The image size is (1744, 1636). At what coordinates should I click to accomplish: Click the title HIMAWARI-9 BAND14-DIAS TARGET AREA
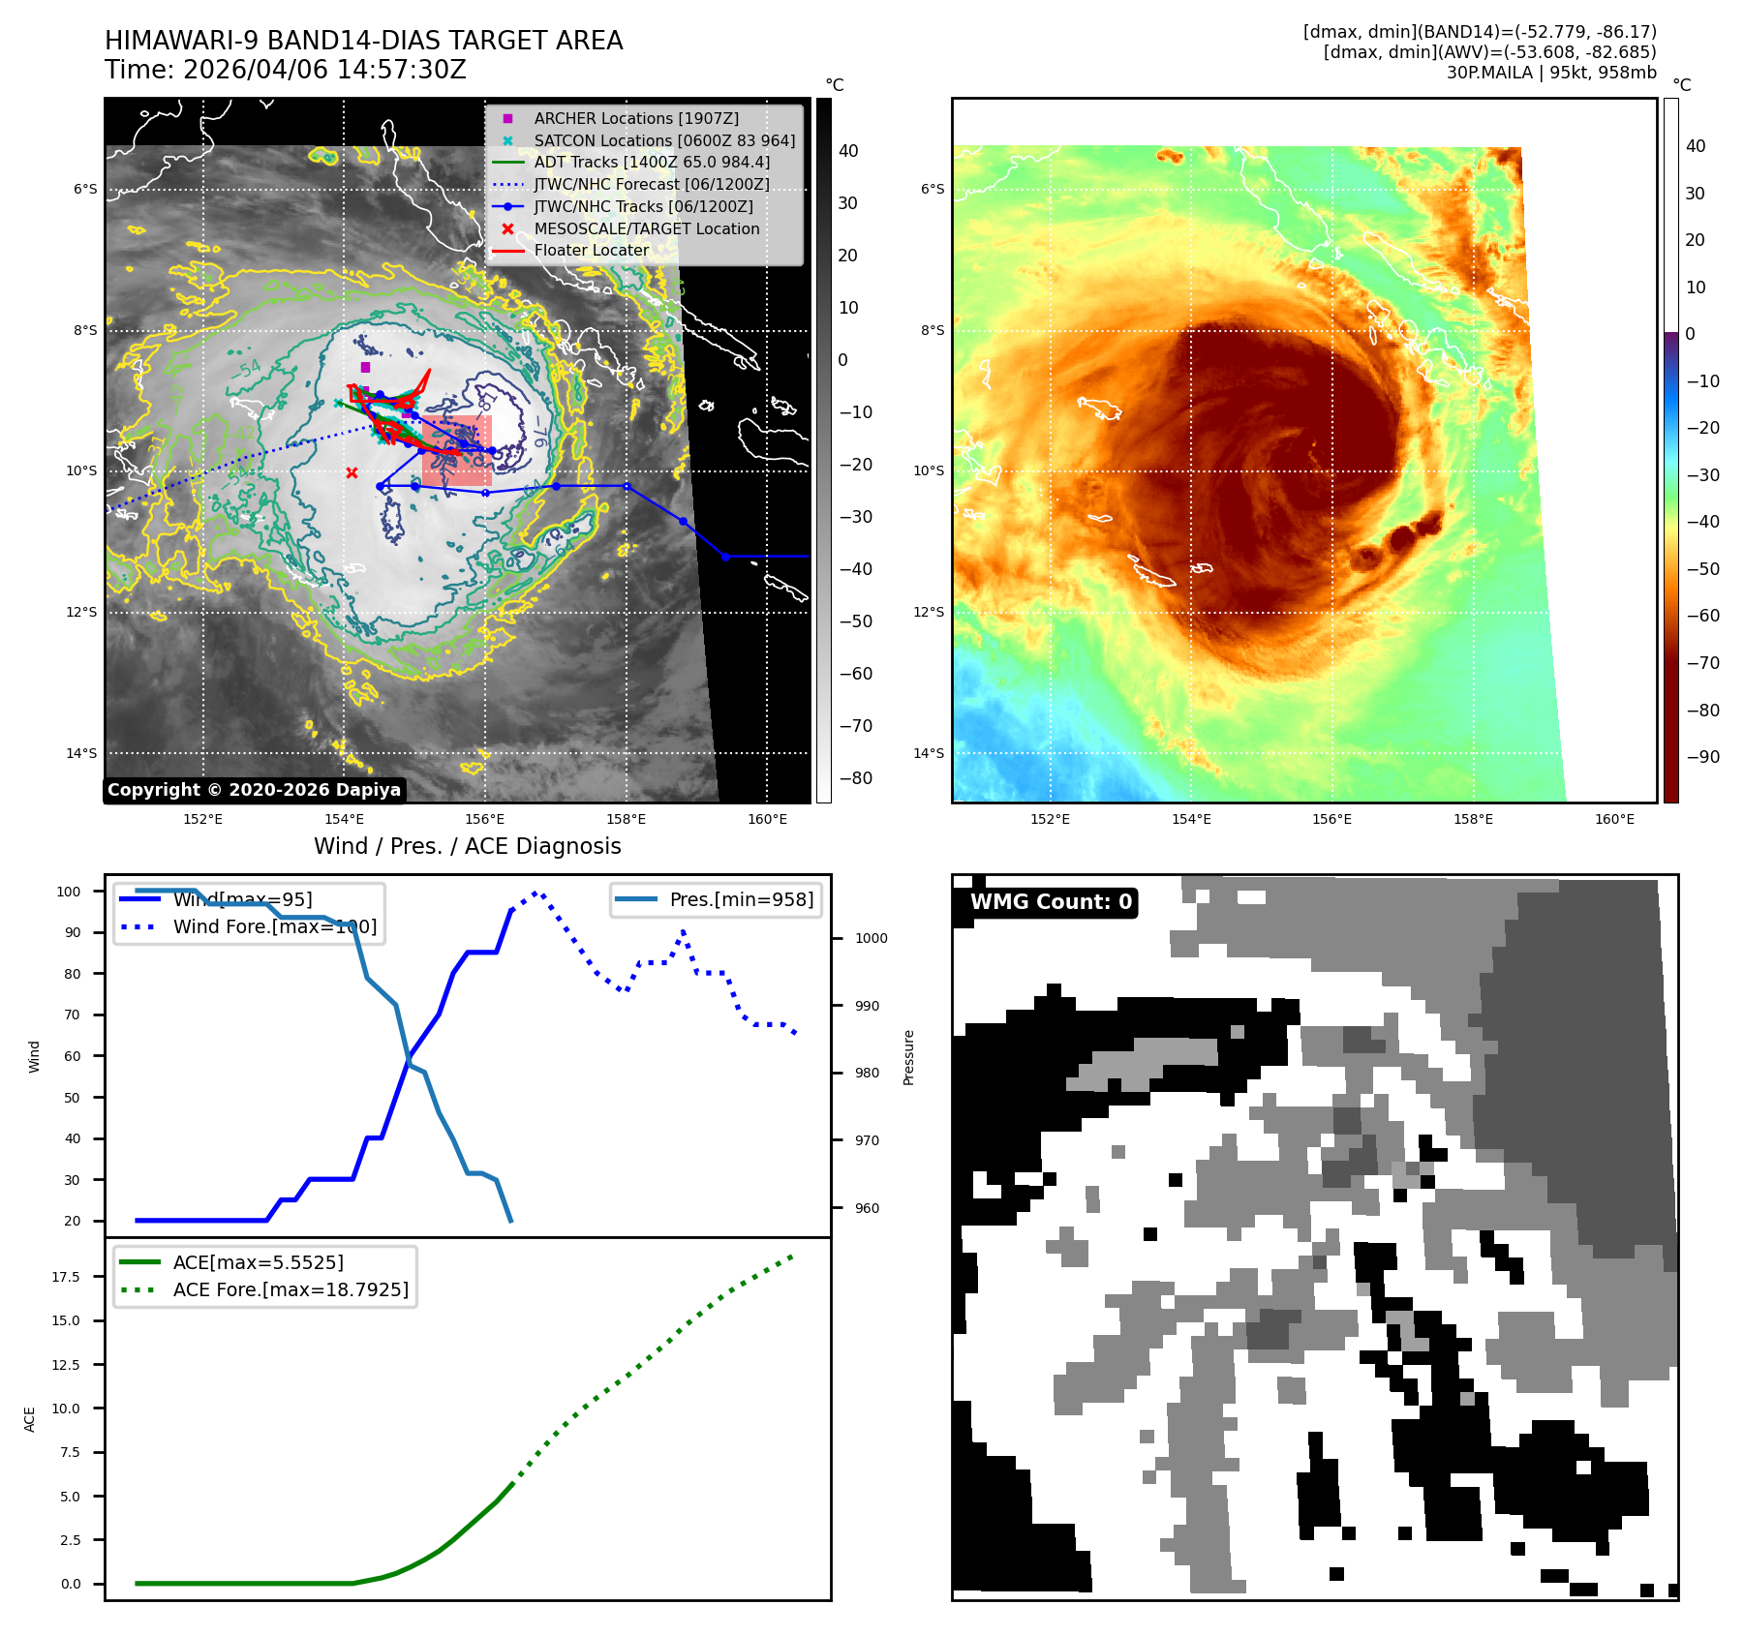(x=363, y=41)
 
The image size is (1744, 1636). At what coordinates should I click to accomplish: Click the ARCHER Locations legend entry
(x=635, y=118)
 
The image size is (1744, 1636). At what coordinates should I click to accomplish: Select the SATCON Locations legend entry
(x=664, y=140)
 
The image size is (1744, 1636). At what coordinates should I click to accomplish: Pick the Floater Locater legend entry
(x=591, y=250)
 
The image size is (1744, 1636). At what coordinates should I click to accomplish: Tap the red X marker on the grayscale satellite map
(x=352, y=473)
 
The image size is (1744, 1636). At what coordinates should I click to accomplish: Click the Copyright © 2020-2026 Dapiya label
(x=254, y=790)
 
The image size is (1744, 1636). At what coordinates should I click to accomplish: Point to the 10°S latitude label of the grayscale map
(x=81, y=471)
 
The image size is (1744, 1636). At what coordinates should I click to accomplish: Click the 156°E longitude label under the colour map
(x=1331, y=819)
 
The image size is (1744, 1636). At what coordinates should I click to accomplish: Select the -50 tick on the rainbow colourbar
(x=1702, y=569)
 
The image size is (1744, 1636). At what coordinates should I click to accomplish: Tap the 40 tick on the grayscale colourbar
(x=848, y=151)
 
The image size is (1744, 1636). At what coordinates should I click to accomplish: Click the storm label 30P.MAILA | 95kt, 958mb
(x=1551, y=73)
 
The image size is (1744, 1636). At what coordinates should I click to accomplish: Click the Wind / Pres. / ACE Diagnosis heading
(x=467, y=846)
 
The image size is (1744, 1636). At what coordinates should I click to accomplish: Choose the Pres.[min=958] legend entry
(x=741, y=899)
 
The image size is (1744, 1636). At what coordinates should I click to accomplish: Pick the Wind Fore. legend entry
(x=274, y=926)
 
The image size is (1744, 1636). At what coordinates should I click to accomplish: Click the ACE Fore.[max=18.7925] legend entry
(x=291, y=1289)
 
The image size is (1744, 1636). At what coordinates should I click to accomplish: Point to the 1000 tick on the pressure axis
(x=871, y=938)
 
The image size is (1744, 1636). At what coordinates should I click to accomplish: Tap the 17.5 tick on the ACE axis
(x=66, y=1277)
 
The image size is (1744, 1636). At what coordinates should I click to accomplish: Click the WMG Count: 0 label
(x=1051, y=902)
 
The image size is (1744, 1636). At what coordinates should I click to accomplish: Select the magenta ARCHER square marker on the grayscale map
(x=365, y=368)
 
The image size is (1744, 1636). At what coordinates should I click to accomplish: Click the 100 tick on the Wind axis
(x=69, y=892)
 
